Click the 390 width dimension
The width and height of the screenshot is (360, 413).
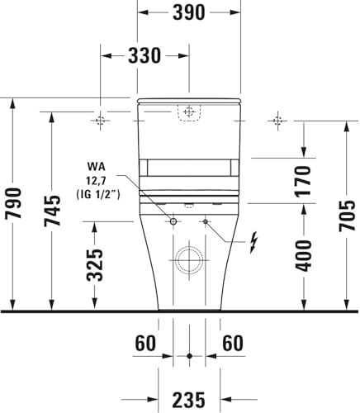pyautogui.click(x=189, y=13)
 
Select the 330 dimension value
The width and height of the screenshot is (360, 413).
pyautogui.click(x=145, y=56)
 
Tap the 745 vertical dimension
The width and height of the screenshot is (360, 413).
pyautogui.click(x=52, y=211)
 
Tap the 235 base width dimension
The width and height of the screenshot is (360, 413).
pyautogui.click(x=189, y=400)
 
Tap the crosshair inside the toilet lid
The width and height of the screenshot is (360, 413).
pyautogui.click(x=189, y=110)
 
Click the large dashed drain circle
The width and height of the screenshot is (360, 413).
pyautogui.click(x=189, y=261)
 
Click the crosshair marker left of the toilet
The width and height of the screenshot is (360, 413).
pyautogui.click(x=101, y=121)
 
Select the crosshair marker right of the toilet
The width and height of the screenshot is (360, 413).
pyautogui.click(x=277, y=121)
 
